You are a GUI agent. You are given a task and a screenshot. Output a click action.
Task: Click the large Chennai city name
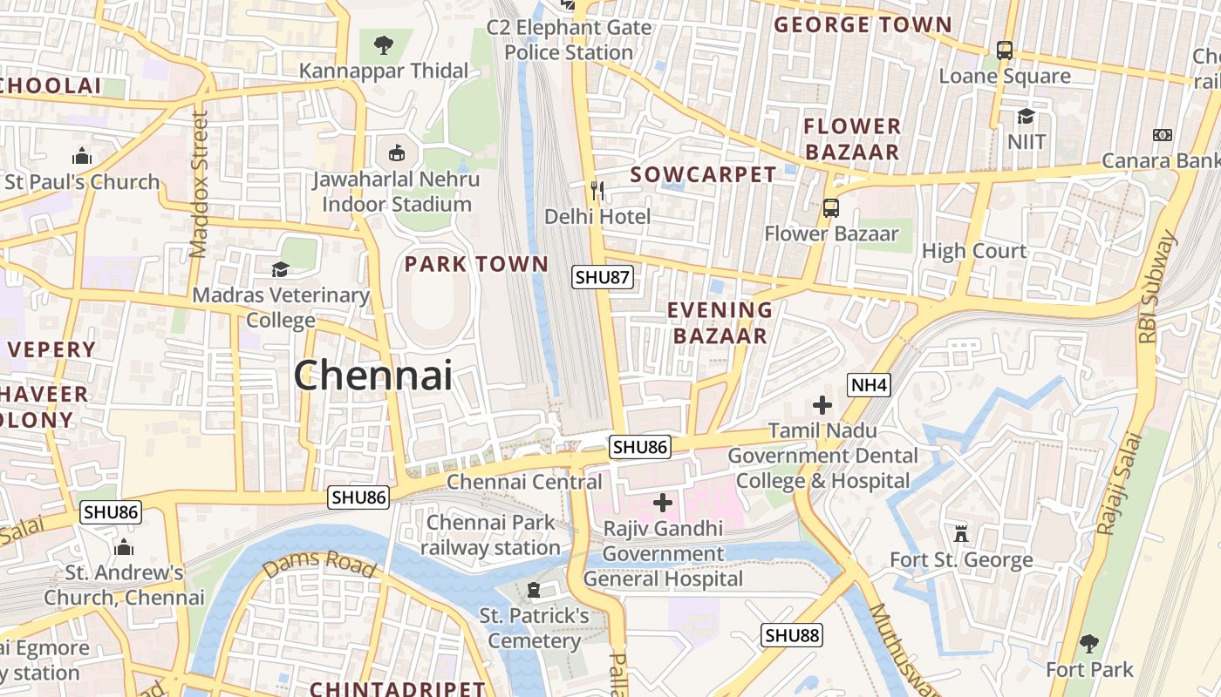[x=372, y=376]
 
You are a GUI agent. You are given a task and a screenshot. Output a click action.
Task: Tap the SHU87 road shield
[x=602, y=277]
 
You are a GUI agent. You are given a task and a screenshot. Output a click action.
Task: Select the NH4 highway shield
[x=869, y=384]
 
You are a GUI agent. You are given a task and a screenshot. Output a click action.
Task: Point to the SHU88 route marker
[x=792, y=635]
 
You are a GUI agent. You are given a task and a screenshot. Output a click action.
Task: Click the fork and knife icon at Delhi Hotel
[x=597, y=190]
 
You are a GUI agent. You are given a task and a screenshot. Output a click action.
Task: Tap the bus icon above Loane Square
[x=1005, y=51]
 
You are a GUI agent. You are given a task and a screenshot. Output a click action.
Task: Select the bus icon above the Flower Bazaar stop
[x=830, y=208]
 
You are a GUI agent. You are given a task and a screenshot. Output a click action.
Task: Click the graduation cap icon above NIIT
[x=1027, y=116]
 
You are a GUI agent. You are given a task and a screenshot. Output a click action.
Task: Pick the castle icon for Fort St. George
[x=961, y=533]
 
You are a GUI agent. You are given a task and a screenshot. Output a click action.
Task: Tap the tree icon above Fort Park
[x=1088, y=644]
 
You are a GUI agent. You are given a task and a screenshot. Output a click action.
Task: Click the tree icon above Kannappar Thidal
[x=383, y=44]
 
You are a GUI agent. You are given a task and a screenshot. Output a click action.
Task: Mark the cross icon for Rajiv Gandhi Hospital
[x=663, y=503]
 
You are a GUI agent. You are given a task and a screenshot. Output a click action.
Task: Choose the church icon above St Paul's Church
[x=82, y=157]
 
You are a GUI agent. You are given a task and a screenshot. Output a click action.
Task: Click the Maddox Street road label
[x=199, y=184]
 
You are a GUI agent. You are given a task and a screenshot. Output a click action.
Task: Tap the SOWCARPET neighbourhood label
[x=703, y=174]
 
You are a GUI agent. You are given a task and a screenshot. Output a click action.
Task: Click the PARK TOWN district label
[x=476, y=263]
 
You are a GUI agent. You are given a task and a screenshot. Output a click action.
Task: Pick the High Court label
[x=974, y=251]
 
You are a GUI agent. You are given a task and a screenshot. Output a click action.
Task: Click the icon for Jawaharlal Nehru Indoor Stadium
[x=397, y=153]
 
